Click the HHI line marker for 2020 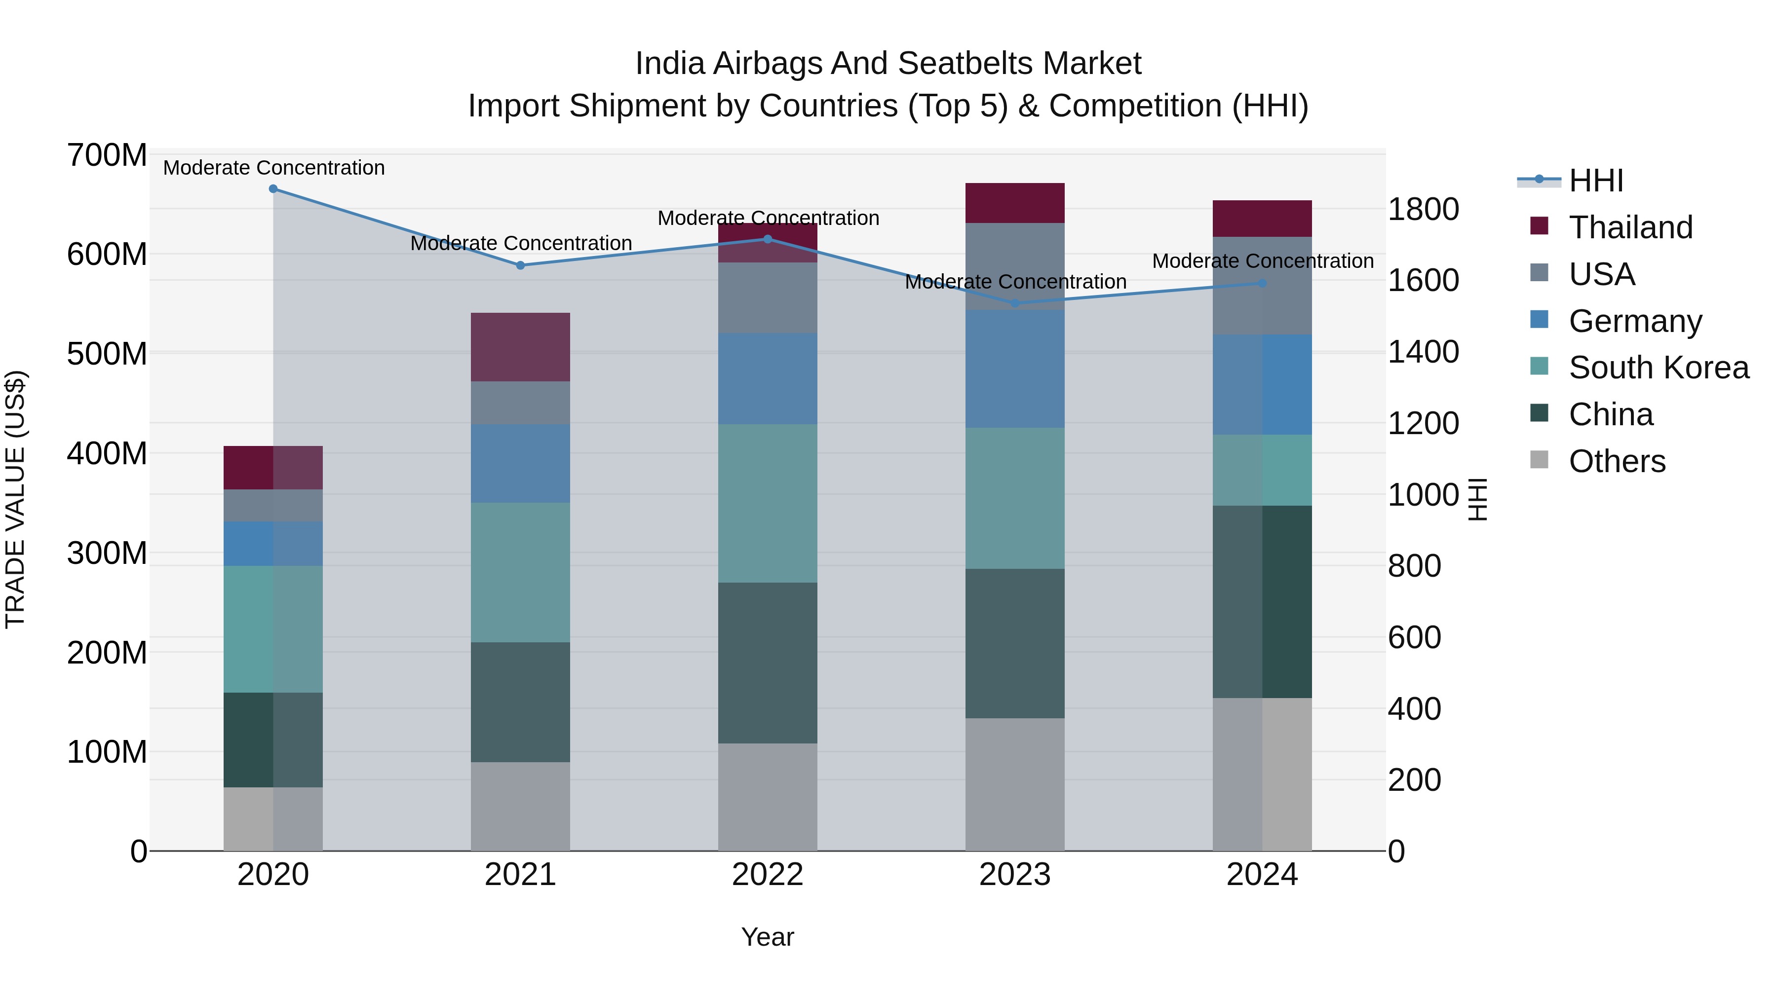point(273,189)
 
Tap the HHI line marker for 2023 point(1015,303)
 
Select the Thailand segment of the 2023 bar point(1015,203)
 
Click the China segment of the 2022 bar point(768,663)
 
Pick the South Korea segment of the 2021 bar point(520,572)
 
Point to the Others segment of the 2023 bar point(1015,784)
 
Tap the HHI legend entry point(1595,181)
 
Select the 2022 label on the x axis point(768,875)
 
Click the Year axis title point(768,938)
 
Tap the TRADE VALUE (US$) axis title point(15,499)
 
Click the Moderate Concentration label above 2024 point(1262,261)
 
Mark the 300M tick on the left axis point(107,553)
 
